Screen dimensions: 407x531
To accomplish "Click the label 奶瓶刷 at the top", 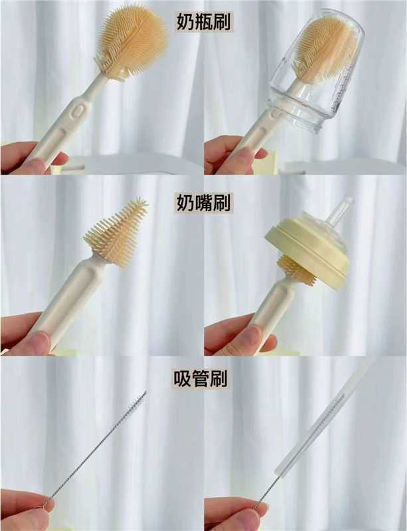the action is [204, 22].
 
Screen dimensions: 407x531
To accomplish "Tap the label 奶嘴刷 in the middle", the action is [204, 202].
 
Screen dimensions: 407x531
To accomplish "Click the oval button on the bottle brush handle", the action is [78, 111].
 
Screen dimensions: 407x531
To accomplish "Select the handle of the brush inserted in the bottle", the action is [261, 132].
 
